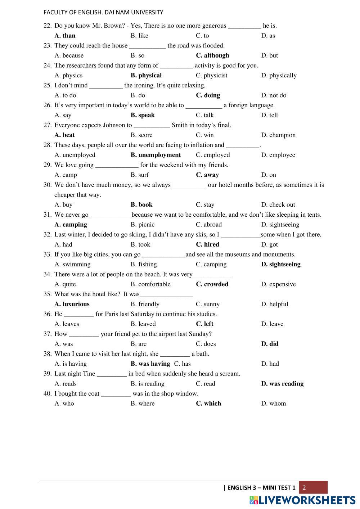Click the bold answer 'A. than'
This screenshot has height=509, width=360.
(x=65, y=36)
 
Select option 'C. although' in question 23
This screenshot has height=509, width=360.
(x=212, y=55)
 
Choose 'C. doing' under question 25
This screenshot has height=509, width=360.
(x=208, y=95)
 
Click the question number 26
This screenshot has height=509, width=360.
(x=48, y=105)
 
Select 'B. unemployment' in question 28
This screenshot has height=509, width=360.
(x=156, y=155)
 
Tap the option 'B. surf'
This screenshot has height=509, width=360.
(x=140, y=175)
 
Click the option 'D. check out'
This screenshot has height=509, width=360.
(x=278, y=205)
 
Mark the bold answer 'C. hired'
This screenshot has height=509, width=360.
(x=207, y=244)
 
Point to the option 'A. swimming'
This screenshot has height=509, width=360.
(x=72, y=265)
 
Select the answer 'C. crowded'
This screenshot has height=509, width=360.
(x=212, y=284)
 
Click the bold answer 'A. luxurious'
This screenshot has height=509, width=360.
(x=72, y=304)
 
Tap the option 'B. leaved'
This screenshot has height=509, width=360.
(x=143, y=324)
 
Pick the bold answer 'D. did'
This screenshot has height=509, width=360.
(x=270, y=344)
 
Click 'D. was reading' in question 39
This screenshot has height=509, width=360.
(x=282, y=384)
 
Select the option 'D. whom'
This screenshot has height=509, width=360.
(x=274, y=404)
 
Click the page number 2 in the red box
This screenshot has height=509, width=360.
(x=304, y=488)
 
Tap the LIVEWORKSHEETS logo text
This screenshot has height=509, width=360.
(x=306, y=500)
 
